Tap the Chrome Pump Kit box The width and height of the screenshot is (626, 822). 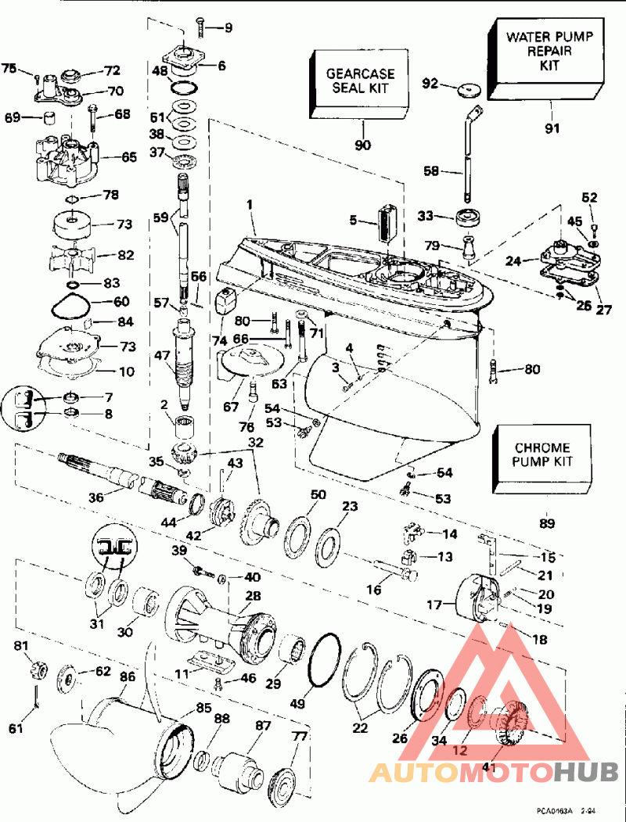coord(541,455)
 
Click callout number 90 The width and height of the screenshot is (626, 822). coord(362,145)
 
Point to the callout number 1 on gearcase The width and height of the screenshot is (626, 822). coord(250,204)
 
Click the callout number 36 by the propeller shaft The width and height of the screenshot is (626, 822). coord(95,497)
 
